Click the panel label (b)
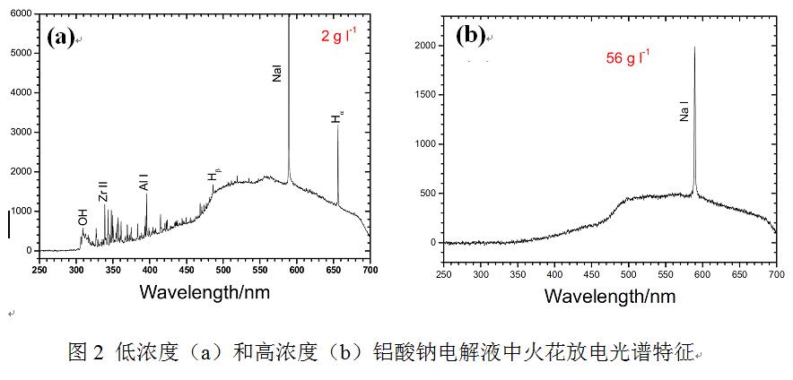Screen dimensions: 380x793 point(470,36)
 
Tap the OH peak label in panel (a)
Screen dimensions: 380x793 point(83,218)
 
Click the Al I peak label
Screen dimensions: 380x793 point(144,179)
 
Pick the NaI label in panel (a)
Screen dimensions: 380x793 point(277,73)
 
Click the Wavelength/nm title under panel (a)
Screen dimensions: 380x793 point(205,291)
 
